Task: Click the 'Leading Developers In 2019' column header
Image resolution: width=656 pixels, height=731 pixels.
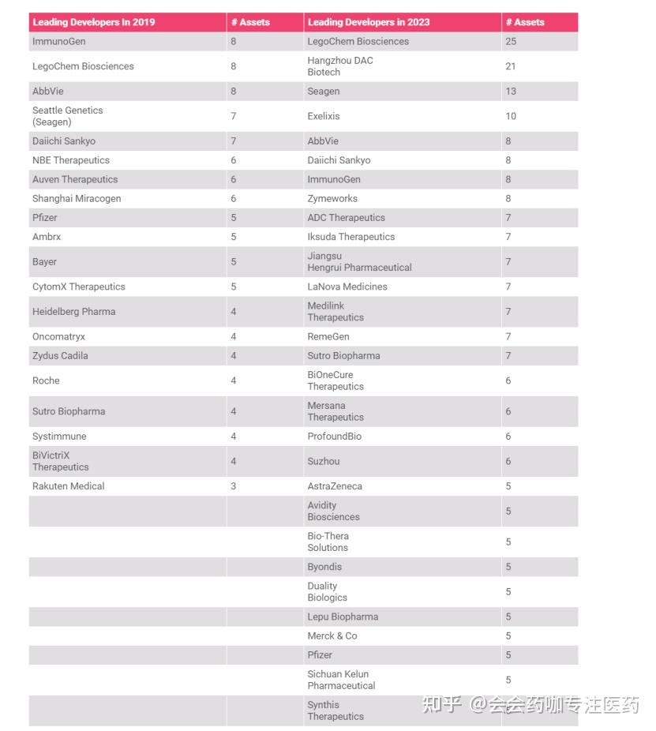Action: (x=94, y=22)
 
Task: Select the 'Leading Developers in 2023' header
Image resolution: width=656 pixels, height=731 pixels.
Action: (x=369, y=22)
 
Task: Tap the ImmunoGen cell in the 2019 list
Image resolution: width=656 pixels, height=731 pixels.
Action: (x=59, y=41)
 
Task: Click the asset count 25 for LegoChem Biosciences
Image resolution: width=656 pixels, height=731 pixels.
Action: (x=512, y=41)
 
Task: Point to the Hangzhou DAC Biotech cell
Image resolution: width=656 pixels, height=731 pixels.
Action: (x=340, y=66)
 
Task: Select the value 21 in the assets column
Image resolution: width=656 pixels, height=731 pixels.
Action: (x=511, y=66)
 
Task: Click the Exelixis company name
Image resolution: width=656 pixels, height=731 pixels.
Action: (x=324, y=116)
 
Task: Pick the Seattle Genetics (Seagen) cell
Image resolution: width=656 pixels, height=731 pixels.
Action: (x=68, y=116)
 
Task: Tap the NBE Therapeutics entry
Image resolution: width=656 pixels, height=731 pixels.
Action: (x=71, y=160)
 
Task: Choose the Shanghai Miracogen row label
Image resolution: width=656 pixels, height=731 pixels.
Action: (x=77, y=198)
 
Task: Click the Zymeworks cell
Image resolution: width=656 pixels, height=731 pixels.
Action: (x=332, y=198)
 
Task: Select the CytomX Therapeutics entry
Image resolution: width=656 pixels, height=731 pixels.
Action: (x=79, y=287)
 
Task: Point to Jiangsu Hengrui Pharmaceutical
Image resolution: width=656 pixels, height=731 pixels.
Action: (x=359, y=261)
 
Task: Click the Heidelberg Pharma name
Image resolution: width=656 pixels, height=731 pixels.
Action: (x=73, y=312)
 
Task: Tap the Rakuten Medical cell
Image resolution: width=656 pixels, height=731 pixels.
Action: (x=69, y=486)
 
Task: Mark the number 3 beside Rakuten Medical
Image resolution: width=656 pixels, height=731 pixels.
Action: (x=234, y=486)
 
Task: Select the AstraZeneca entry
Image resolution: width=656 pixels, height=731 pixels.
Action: (x=335, y=486)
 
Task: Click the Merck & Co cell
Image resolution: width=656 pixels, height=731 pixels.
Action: (x=332, y=635)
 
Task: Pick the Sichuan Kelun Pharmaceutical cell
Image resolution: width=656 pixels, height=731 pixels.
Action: (x=341, y=680)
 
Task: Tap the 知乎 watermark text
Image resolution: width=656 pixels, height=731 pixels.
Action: (x=441, y=704)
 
